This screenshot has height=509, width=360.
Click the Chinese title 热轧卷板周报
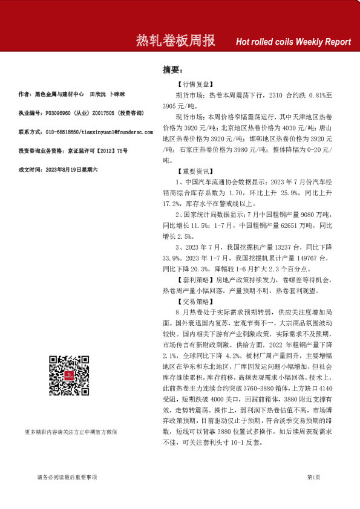[x=175, y=41]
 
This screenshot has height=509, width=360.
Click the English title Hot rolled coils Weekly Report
[x=293, y=42]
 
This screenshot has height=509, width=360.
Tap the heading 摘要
[x=172, y=70]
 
